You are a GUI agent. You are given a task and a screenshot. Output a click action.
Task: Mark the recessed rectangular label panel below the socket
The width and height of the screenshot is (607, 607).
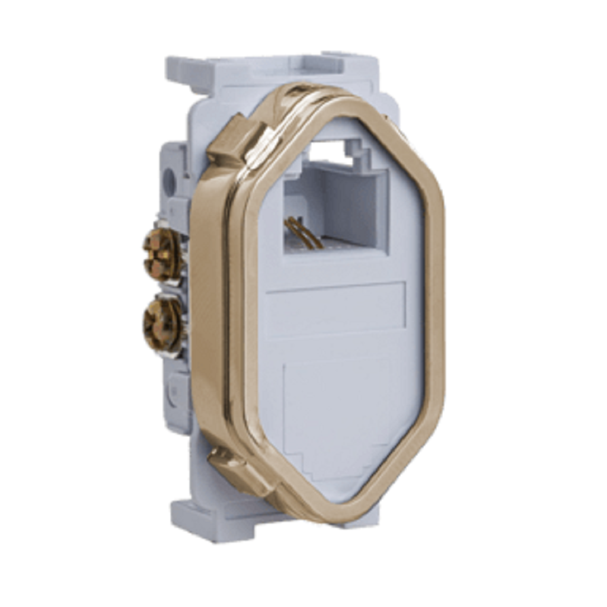[335, 308]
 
